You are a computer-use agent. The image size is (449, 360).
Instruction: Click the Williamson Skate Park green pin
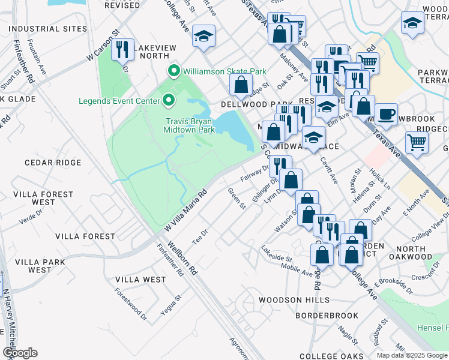click(x=175, y=72)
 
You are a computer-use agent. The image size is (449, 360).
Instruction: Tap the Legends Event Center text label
click(x=117, y=100)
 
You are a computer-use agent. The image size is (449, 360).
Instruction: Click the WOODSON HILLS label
click(x=294, y=300)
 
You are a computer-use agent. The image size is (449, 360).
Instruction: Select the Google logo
click(x=20, y=353)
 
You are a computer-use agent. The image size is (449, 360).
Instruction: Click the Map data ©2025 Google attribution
click(x=412, y=355)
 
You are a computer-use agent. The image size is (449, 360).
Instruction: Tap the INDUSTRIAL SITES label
click(x=44, y=29)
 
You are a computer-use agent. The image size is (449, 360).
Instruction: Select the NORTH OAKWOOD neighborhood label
click(x=411, y=253)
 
